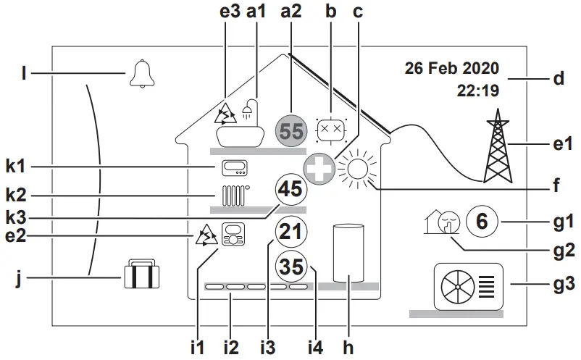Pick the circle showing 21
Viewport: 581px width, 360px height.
(290, 233)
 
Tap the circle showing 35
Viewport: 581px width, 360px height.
(290, 267)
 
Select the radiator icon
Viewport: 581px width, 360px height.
(233, 196)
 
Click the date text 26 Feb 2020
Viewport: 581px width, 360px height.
(451, 69)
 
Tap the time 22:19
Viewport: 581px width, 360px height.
(477, 91)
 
